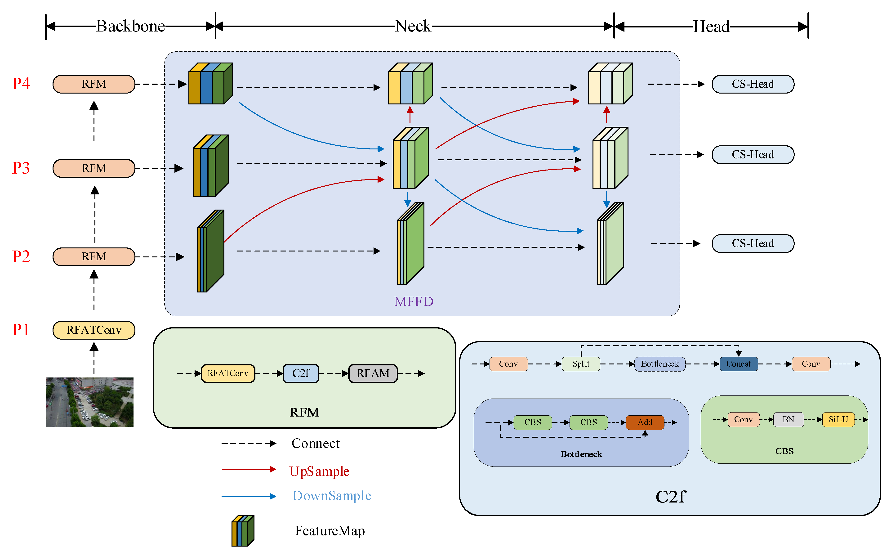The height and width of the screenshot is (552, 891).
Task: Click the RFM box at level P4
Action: click(x=94, y=84)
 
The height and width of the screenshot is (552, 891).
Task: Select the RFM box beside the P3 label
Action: click(x=94, y=168)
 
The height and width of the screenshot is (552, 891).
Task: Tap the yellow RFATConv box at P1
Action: click(x=94, y=330)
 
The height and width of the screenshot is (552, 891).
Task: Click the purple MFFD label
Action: click(x=414, y=301)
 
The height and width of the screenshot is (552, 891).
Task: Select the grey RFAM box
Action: click(x=373, y=373)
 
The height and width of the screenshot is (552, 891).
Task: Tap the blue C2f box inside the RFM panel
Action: click(x=301, y=373)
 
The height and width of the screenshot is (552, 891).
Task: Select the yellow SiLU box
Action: click(x=838, y=419)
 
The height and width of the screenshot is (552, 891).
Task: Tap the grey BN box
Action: click(x=788, y=419)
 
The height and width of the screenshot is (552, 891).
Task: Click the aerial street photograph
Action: click(x=89, y=402)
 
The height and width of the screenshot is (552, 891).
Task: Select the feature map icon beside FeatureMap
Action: click(x=243, y=530)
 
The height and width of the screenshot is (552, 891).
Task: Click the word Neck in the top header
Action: click(x=413, y=26)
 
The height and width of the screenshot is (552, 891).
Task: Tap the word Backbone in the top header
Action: click(x=130, y=26)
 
